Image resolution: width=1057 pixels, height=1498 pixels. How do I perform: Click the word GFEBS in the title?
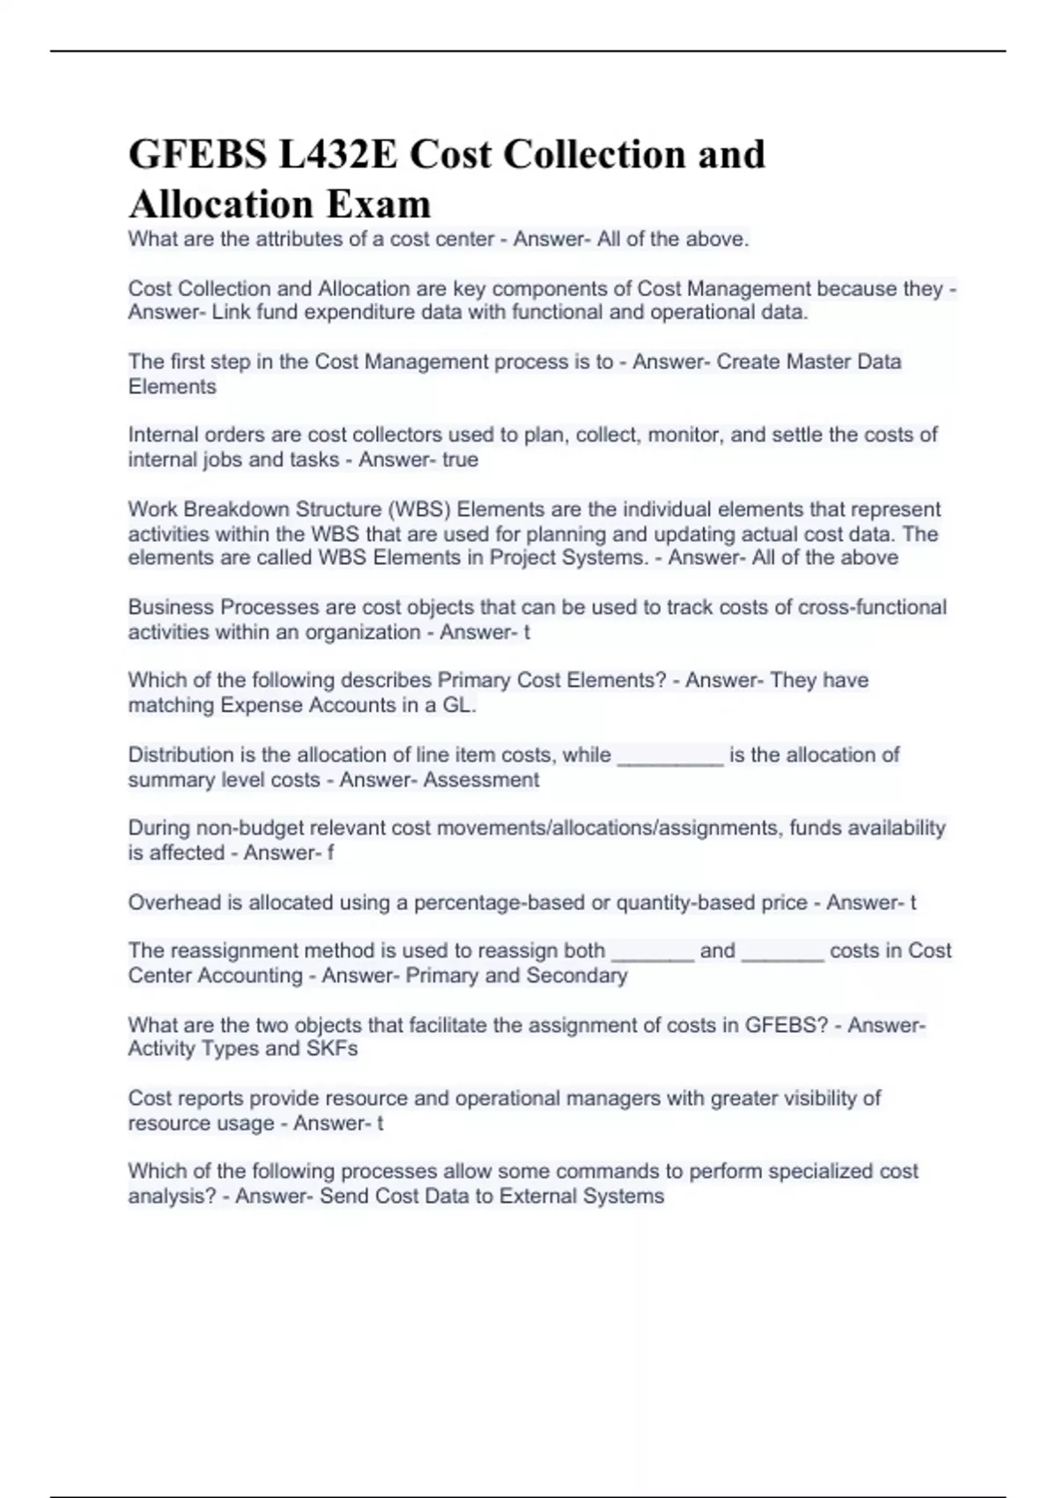(x=197, y=155)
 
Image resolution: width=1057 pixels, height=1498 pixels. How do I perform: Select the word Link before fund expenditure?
(x=232, y=312)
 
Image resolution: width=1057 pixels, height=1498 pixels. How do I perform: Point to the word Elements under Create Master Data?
(x=172, y=387)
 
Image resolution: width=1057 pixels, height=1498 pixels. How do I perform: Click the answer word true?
(x=460, y=459)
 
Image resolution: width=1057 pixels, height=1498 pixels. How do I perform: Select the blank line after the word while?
(x=670, y=755)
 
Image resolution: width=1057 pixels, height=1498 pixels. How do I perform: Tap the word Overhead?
(x=174, y=902)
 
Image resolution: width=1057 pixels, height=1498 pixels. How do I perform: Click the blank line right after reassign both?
(x=652, y=951)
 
